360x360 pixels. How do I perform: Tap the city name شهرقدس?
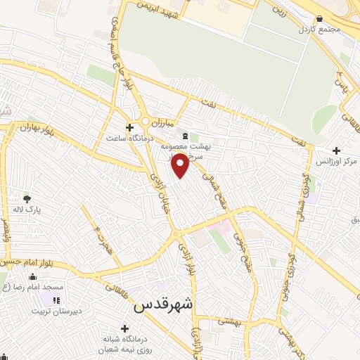pyautogui.click(x=163, y=307)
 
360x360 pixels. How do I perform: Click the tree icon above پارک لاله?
pyautogui.click(x=27, y=199)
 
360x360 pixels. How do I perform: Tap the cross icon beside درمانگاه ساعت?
pyautogui.click(x=129, y=127)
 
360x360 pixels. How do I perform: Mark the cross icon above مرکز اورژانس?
pyautogui.click(x=337, y=150)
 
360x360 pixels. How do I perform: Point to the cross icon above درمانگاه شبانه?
pyautogui.click(x=124, y=328)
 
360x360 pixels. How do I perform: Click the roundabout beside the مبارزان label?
pyautogui.click(x=146, y=122)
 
